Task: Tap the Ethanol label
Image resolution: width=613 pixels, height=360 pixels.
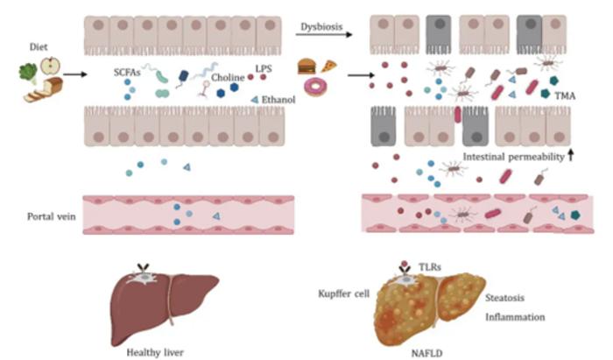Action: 278,99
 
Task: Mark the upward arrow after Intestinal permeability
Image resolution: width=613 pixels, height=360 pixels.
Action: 570,155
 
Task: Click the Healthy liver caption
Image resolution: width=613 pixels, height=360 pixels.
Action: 157,349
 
